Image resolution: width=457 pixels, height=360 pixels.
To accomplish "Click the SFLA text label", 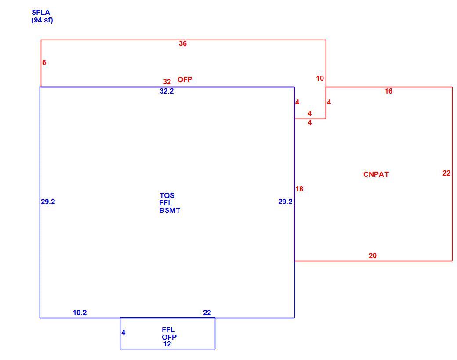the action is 41,13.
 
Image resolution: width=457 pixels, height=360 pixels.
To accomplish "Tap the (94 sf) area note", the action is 42,20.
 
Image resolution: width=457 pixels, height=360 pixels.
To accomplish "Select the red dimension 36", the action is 183,44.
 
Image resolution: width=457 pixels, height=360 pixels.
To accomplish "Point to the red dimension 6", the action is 44,62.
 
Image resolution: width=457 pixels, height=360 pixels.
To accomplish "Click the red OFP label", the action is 185,79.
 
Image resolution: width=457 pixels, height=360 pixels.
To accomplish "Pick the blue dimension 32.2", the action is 167,91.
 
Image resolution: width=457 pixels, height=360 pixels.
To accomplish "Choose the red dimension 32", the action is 167,82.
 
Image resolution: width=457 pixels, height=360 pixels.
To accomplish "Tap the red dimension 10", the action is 320,78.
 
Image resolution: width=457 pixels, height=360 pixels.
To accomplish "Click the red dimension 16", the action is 388,91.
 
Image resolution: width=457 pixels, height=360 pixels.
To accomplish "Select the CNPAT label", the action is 376,174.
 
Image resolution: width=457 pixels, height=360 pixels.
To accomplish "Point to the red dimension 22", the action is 446,173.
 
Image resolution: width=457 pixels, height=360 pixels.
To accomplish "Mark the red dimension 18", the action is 299,189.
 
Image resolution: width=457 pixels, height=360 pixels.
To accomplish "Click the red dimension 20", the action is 373,256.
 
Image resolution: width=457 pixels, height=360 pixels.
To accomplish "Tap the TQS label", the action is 167,195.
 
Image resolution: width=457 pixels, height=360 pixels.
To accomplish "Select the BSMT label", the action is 170,211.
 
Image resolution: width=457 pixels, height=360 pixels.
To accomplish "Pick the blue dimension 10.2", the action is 80,313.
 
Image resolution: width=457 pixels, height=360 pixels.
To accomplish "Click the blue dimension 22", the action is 207,313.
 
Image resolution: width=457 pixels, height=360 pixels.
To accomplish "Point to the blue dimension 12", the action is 167,344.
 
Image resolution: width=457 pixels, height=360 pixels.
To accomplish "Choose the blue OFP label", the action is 169,337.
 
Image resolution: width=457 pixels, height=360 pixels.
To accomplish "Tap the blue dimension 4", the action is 123,333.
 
